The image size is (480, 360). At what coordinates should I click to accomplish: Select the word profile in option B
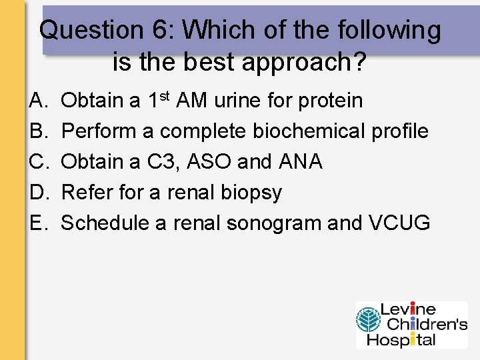pos(398,131)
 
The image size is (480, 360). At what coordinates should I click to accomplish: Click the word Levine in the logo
pos(407,310)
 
